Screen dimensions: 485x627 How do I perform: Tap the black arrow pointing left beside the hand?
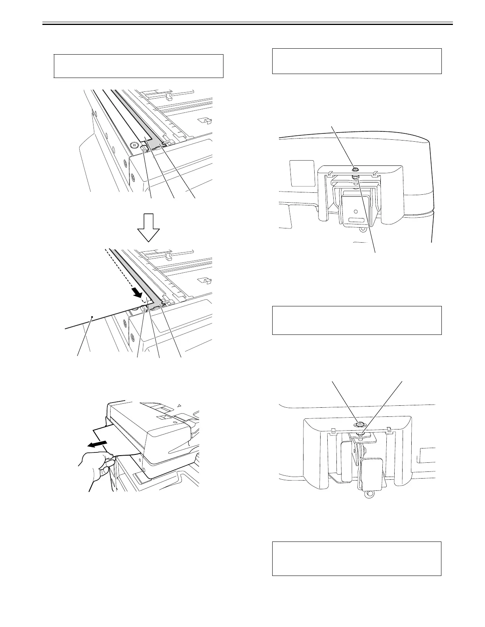tap(98, 443)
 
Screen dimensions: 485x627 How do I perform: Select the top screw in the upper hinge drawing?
tap(355, 170)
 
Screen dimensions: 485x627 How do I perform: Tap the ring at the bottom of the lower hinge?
tap(369, 494)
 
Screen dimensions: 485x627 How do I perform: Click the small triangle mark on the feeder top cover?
tap(179, 405)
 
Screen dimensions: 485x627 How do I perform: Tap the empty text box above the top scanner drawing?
tap(139, 66)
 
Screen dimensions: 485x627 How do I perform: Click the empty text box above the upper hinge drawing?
tap(357, 61)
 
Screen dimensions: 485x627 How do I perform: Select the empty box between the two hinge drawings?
tap(357, 320)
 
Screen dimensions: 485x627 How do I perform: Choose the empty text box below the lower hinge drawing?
tap(357, 559)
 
